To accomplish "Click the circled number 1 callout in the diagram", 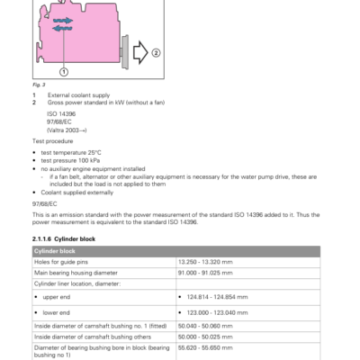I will [64, 71].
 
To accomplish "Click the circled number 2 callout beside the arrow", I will [156, 53].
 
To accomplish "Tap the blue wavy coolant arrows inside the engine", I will [63, 23].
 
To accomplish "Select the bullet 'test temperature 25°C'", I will [71, 151].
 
